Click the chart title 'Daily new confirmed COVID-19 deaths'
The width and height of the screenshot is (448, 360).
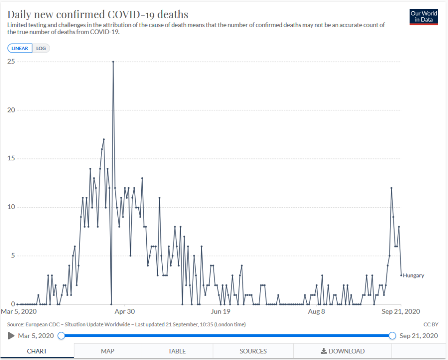(98, 14)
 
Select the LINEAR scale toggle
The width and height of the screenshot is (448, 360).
(20, 48)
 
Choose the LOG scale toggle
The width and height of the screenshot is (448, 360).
(41, 48)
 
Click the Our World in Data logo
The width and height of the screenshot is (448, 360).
(424, 16)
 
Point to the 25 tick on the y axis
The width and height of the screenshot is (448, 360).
(10, 61)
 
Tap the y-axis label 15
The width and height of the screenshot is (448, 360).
(10, 158)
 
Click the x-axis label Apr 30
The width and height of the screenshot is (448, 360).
(125, 311)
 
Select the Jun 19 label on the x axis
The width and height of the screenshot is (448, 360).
(220, 311)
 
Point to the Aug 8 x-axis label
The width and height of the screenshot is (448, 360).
(316, 311)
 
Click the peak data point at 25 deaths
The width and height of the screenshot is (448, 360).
(113, 61)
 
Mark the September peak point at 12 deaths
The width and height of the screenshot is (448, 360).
(391, 188)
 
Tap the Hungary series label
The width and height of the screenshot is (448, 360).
(413, 275)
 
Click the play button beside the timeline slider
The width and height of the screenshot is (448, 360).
(11, 336)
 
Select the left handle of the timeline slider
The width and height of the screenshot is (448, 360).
(61, 336)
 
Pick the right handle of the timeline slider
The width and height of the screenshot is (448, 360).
(392, 336)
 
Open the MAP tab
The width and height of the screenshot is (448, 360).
(107, 351)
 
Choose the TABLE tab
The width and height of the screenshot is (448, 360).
(177, 351)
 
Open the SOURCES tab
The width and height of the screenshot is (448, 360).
(253, 351)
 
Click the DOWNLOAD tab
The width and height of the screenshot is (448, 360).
(342, 351)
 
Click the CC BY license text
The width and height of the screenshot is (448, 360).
(430, 324)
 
